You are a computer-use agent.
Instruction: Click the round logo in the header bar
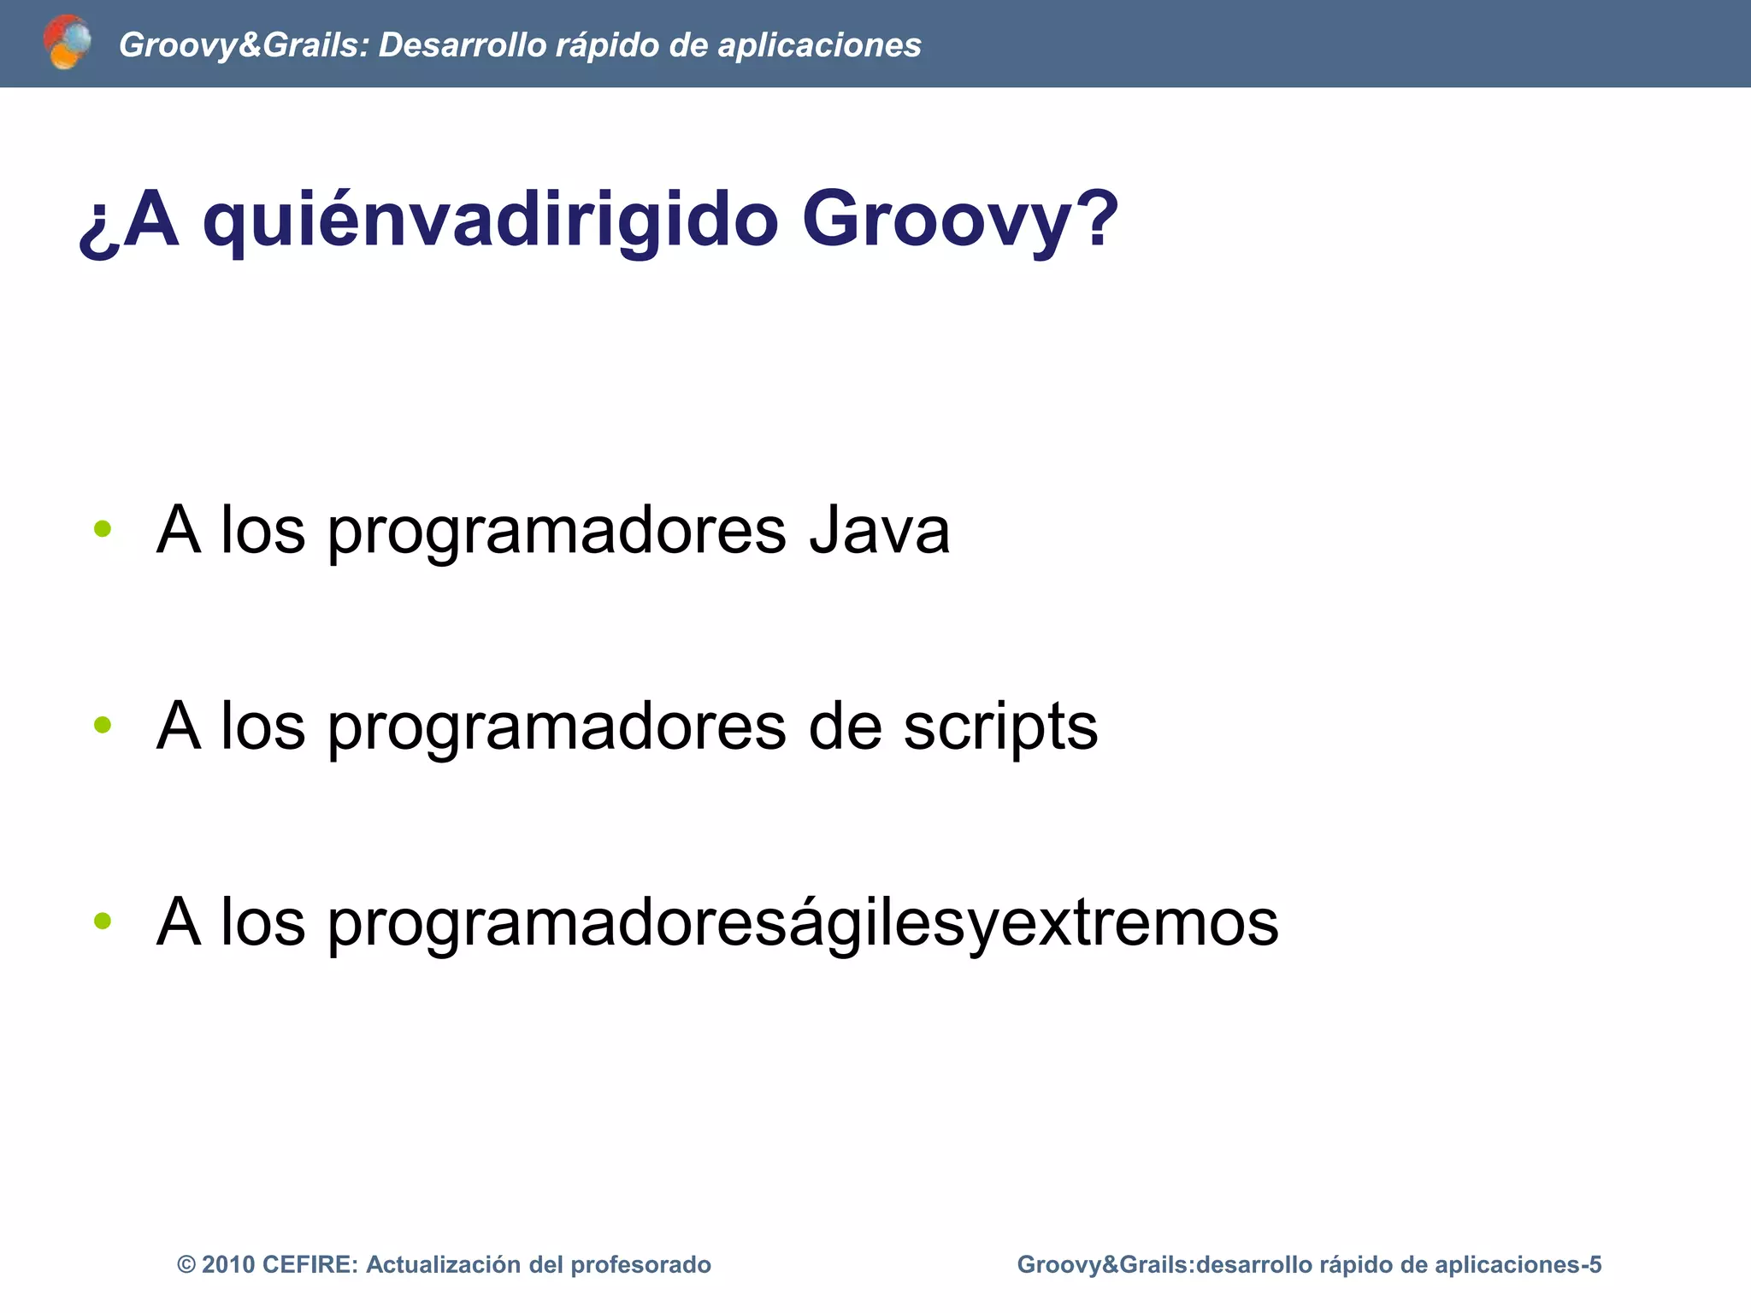pos(67,42)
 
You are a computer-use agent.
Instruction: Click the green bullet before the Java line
pos(103,529)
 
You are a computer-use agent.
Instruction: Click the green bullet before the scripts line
pos(103,725)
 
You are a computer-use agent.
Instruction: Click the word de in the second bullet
pos(845,726)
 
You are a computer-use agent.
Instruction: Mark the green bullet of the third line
pos(103,921)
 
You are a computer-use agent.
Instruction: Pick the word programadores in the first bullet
pos(556,533)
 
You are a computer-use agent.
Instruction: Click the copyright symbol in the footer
pos(186,1265)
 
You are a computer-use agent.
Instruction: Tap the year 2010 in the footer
pos(228,1265)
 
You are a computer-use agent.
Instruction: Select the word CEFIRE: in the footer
pos(310,1265)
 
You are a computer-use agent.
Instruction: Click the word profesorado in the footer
pos(640,1265)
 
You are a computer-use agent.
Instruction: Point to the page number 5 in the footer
pos(1595,1265)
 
